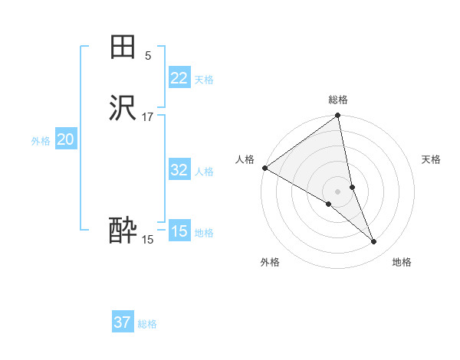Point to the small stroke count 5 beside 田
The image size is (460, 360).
click(148, 55)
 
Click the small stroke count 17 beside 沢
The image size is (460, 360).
click(148, 116)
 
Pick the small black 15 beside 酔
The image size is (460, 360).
click(147, 240)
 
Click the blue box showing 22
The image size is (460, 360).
click(179, 78)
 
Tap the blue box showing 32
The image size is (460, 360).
click(179, 170)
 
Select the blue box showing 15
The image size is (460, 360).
click(179, 231)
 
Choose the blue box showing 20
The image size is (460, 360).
click(65, 139)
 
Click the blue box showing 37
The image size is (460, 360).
click(122, 322)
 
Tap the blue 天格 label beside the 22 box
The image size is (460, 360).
click(204, 80)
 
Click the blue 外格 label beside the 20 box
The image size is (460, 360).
click(41, 141)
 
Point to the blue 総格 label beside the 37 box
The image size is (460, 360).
click(147, 324)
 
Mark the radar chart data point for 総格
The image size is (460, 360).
click(338, 116)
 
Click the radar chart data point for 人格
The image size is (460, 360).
click(264, 168)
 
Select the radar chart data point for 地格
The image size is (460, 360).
click(374, 242)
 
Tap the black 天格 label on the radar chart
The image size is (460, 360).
click(431, 159)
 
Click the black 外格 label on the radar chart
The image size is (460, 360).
click(270, 262)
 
